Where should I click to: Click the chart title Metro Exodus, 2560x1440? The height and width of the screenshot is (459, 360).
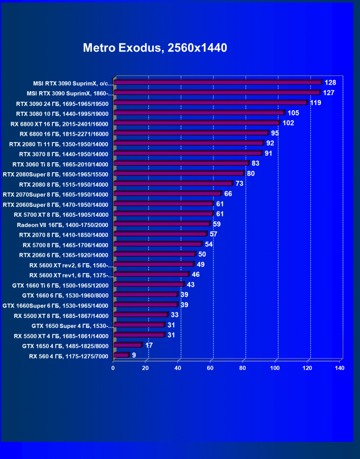pyautogui.click(x=155, y=48)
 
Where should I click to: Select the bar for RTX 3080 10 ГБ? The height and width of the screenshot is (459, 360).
pyautogui.click(x=199, y=113)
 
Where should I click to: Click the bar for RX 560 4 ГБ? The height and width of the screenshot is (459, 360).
pyautogui.click(x=121, y=355)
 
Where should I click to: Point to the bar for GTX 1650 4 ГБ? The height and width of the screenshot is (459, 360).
pyautogui.click(x=128, y=345)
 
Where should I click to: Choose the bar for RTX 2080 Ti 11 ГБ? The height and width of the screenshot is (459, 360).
pyautogui.click(x=189, y=143)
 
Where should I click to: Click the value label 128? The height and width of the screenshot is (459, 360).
pyautogui.click(x=330, y=83)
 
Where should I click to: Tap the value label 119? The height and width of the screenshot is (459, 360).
pyautogui.click(x=316, y=103)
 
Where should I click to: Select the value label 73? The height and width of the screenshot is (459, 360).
pyautogui.click(x=239, y=183)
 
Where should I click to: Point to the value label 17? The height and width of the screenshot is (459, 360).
pyautogui.click(x=149, y=345)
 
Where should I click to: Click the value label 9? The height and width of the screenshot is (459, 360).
pyautogui.click(x=134, y=355)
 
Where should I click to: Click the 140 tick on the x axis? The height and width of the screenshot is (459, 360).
pyautogui.click(x=339, y=368)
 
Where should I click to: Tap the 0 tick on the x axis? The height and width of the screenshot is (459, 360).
pyautogui.click(x=113, y=368)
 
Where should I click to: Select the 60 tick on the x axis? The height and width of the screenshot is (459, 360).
pyautogui.click(x=210, y=368)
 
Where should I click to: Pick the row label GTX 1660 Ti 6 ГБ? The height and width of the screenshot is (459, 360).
pyautogui.click(x=61, y=285)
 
